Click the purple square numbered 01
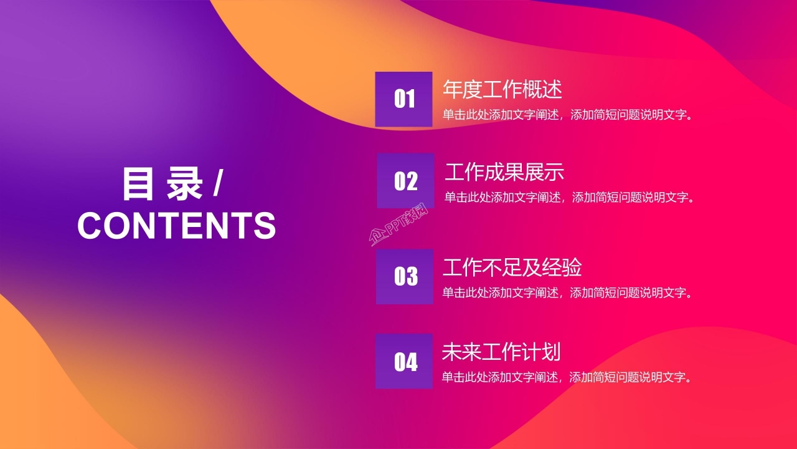(403, 99)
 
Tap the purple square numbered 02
(405, 181)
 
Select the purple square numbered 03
(405, 276)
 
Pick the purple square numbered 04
(404, 361)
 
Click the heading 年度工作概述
(502, 89)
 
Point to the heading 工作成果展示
(504, 171)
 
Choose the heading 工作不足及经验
(512, 268)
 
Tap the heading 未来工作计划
(501, 352)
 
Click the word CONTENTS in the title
(176, 225)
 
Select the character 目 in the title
(138, 184)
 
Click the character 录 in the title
(184, 184)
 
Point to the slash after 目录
(217, 185)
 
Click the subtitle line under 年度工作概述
(568, 115)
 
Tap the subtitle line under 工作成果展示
(569, 198)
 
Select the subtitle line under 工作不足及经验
(568, 292)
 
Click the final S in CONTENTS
(265, 225)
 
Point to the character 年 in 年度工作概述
(453, 89)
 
